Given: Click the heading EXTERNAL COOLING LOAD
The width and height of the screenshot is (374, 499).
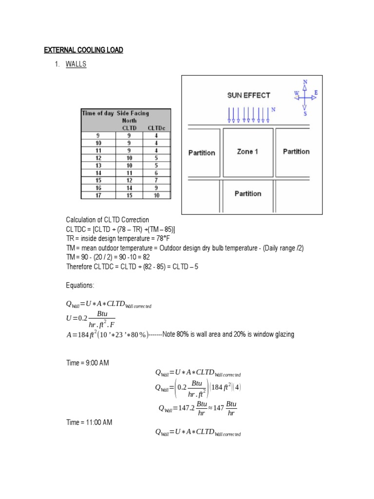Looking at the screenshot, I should (83, 50).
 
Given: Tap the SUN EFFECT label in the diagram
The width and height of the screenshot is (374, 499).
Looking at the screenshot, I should (248, 95).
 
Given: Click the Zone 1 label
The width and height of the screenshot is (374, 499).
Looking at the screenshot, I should (247, 152).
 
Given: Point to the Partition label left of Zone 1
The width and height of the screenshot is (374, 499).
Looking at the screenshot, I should (202, 153).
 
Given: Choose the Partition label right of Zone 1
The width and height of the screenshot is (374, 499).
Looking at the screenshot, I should (296, 152).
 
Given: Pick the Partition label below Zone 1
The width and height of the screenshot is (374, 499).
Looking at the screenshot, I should (248, 193).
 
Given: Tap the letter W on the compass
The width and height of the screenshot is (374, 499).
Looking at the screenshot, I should (296, 93).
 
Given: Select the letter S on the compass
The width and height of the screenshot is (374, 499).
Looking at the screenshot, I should (305, 114).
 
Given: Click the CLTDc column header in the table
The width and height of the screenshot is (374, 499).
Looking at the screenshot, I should (156, 127).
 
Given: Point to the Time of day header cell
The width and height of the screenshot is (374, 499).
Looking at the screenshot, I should (97, 113).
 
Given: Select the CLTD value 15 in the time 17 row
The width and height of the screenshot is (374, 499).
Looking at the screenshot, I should (129, 195).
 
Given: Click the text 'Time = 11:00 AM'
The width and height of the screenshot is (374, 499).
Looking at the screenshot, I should (89, 422).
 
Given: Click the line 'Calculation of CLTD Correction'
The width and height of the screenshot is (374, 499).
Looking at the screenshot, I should (108, 220).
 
